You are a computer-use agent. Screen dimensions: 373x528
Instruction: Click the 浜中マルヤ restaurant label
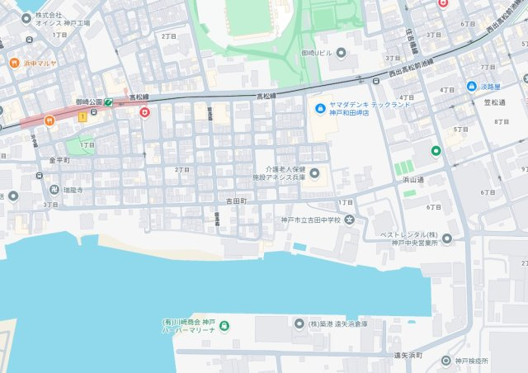coord(40,63)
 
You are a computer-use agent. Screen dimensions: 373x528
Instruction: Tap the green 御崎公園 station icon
coord(109,102)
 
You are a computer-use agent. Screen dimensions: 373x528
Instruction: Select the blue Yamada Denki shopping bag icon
coord(321,108)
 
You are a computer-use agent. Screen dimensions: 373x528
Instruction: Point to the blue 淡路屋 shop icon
coord(471,86)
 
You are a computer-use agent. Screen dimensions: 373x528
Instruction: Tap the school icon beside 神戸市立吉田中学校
coord(350,220)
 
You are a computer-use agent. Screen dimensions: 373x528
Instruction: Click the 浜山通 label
coord(412,178)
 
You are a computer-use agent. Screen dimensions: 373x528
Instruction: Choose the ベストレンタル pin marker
coord(447,239)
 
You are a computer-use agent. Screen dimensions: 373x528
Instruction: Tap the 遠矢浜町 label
coord(408,354)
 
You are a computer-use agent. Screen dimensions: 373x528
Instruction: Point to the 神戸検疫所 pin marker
coord(445,361)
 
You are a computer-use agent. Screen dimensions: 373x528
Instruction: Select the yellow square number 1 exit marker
coord(82,117)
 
